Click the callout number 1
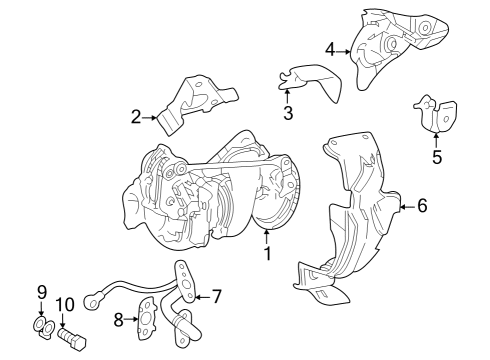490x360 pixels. click(x=267, y=254)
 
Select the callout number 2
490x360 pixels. click(x=136, y=118)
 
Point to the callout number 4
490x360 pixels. click(x=330, y=47)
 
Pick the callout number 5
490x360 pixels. click(x=436, y=156)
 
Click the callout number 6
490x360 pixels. click(x=421, y=206)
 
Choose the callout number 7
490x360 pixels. click(x=216, y=296)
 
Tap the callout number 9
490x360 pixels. click(x=42, y=292)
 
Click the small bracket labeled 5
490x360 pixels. click(x=436, y=113)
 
